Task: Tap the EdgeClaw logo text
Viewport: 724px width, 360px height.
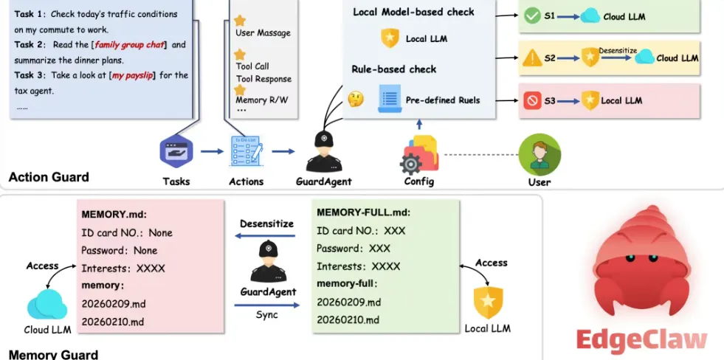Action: tap(641, 339)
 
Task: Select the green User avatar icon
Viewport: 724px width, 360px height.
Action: tap(535, 153)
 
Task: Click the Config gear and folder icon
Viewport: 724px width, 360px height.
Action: tap(419, 153)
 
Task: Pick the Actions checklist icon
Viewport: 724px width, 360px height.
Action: tap(246, 151)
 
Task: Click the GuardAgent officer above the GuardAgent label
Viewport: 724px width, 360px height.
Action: tap(323, 152)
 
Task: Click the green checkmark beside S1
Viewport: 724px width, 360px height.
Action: tap(531, 15)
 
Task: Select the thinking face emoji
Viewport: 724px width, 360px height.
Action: tap(356, 99)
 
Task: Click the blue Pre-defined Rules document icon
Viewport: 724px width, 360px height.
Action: tap(389, 99)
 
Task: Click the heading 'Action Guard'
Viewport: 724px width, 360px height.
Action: tap(49, 177)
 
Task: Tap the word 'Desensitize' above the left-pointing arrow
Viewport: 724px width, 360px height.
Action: tap(266, 224)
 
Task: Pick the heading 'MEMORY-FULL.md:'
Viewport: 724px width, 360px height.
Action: tap(363, 212)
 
